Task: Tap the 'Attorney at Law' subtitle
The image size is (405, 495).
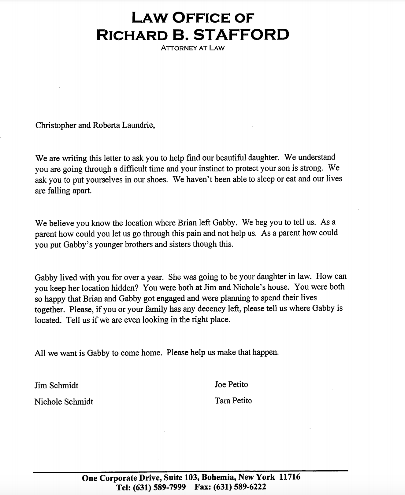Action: coord(193,48)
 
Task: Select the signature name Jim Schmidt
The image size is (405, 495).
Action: coord(56,386)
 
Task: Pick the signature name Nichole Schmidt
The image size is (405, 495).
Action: coord(64,402)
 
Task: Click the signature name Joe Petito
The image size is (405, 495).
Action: coord(231,384)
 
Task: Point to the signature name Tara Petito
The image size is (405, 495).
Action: coord(233,401)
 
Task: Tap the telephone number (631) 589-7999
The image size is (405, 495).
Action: coord(159,487)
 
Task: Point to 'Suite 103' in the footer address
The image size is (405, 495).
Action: coord(181,478)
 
